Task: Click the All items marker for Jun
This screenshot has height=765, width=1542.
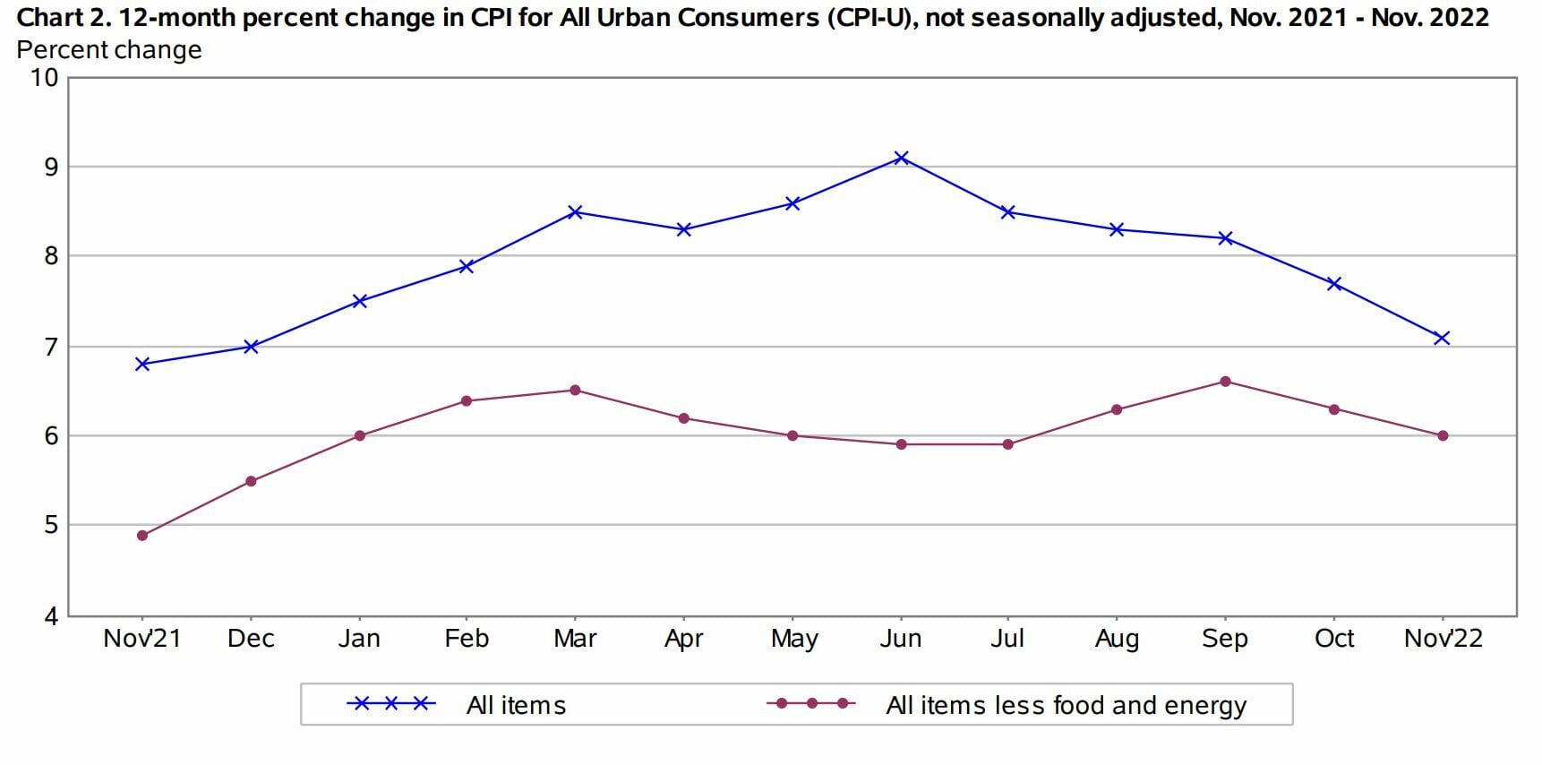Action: click(x=901, y=158)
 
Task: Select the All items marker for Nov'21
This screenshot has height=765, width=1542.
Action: click(x=142, y=364)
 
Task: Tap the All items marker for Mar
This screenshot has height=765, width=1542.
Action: click(x=575, y=212)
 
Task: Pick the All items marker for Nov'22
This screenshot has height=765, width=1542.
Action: click(x=1442, y=338)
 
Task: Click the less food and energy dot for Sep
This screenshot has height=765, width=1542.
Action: click(x=1225, y=382)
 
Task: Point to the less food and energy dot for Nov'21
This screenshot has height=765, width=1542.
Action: click(x=142, y=536)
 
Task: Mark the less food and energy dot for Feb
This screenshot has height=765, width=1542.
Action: click(x=467, y=400)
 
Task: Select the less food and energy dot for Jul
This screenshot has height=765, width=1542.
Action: click(x=1008, y=444)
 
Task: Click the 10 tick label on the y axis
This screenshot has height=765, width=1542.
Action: click(x=44, y=78)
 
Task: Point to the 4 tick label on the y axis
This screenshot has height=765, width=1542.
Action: click(x=51, y=616)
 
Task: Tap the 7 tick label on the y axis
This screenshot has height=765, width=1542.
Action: click(x=51, y=347)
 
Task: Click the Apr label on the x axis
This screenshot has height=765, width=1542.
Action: click(x=683, y=639)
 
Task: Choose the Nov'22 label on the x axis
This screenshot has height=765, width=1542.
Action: click(x=1443, y=639)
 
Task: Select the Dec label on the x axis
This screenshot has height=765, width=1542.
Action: click(x=251, y=639)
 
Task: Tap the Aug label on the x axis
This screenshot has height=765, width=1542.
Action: click(x=1117, y=639)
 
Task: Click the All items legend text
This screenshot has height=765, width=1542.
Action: click(x=516, y=706)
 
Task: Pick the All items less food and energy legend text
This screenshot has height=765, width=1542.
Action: click(x=1066, y=706)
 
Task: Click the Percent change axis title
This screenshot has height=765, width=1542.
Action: click(x=109, y=50)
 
